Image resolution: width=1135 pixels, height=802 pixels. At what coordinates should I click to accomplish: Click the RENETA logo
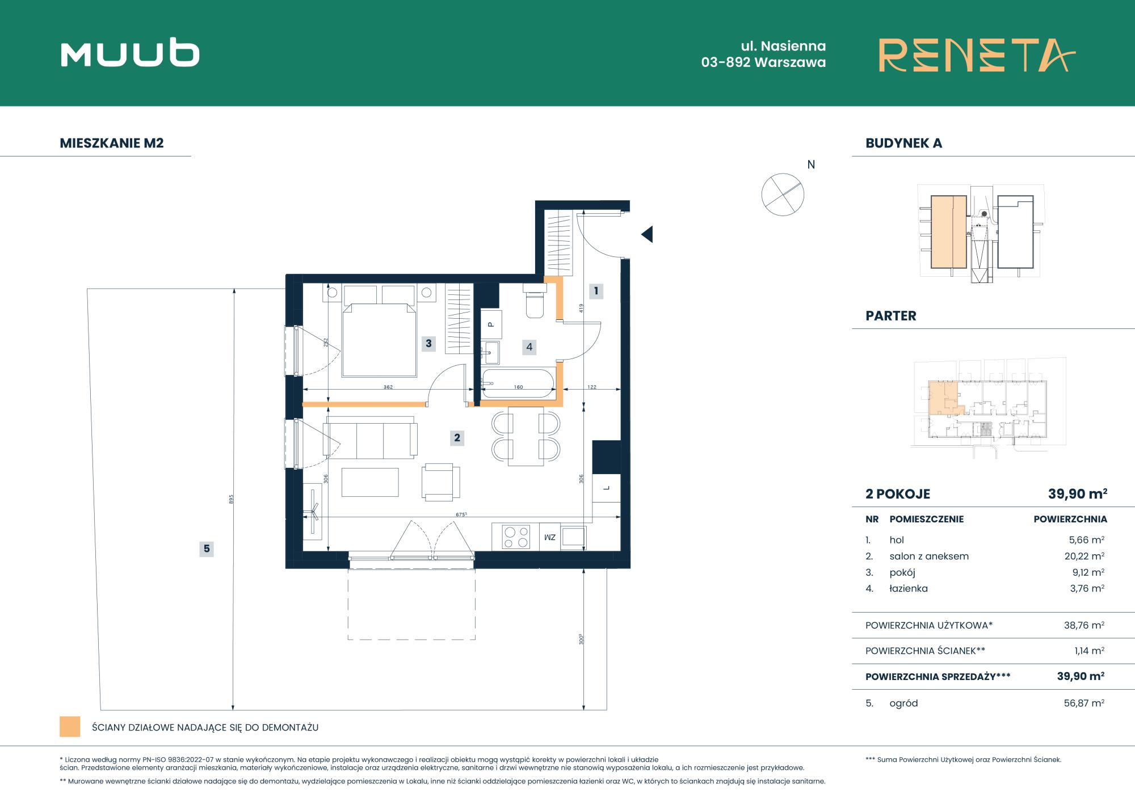point(977,55)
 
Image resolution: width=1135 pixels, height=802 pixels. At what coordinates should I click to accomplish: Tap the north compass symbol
point(783,195)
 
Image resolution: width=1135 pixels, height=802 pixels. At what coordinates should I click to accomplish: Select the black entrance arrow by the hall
point(647,234)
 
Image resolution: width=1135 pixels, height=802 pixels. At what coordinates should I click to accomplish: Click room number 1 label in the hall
point(596,291)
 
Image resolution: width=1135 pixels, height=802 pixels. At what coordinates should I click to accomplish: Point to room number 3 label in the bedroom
point(428,343)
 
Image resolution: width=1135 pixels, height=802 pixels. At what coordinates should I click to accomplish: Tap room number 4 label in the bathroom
point(529,347)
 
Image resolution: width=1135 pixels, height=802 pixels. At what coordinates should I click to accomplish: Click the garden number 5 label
point(207,548)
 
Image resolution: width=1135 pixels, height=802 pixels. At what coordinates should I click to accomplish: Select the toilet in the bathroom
point(535,301)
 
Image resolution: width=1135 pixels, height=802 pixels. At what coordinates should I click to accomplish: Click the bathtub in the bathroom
point(518,383)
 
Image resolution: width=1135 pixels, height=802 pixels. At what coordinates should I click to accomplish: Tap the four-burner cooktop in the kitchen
point(516,537)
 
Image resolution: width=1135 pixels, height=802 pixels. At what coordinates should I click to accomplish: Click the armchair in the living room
point(441,482)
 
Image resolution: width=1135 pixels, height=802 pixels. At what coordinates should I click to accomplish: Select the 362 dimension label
point(388,387)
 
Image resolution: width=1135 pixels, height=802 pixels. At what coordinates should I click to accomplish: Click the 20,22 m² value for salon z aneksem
point(1084,556)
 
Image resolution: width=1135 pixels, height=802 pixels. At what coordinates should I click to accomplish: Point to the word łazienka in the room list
point(909,589)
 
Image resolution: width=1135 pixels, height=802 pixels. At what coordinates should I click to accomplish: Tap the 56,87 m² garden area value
point(1084,703)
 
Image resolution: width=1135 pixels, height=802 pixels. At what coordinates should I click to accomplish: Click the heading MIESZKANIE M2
point(112,143)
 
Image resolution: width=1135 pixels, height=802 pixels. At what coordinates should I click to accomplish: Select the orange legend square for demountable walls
point(70,727)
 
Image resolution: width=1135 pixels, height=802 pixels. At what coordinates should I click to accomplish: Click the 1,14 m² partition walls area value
point(1090,651)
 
